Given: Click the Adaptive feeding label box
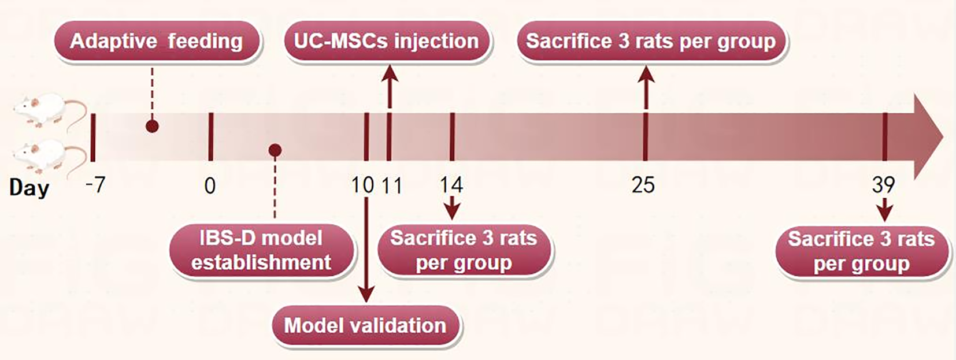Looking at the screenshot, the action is click(157, 42).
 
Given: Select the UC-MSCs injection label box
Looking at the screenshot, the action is click(387, 42).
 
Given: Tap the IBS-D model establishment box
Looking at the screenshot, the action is click(262, 250).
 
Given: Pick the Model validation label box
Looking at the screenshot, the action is click(365, 326).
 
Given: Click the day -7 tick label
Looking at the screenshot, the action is click(95, 185).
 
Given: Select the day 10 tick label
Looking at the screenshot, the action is click(362, 185).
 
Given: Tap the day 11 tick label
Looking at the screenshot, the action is click(392, 185).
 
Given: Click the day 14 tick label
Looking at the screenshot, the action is click(451, 185).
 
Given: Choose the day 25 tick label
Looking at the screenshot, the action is click(643, 185).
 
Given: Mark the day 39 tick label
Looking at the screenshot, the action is click(883, 185).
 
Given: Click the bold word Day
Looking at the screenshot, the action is click(29, 188).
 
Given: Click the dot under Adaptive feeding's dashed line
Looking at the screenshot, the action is click(153, 126).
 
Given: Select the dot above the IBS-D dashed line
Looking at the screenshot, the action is click(275, 150).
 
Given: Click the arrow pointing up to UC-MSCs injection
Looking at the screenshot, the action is click(389, 87).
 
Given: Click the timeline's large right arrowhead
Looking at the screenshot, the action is click(927, 137).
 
